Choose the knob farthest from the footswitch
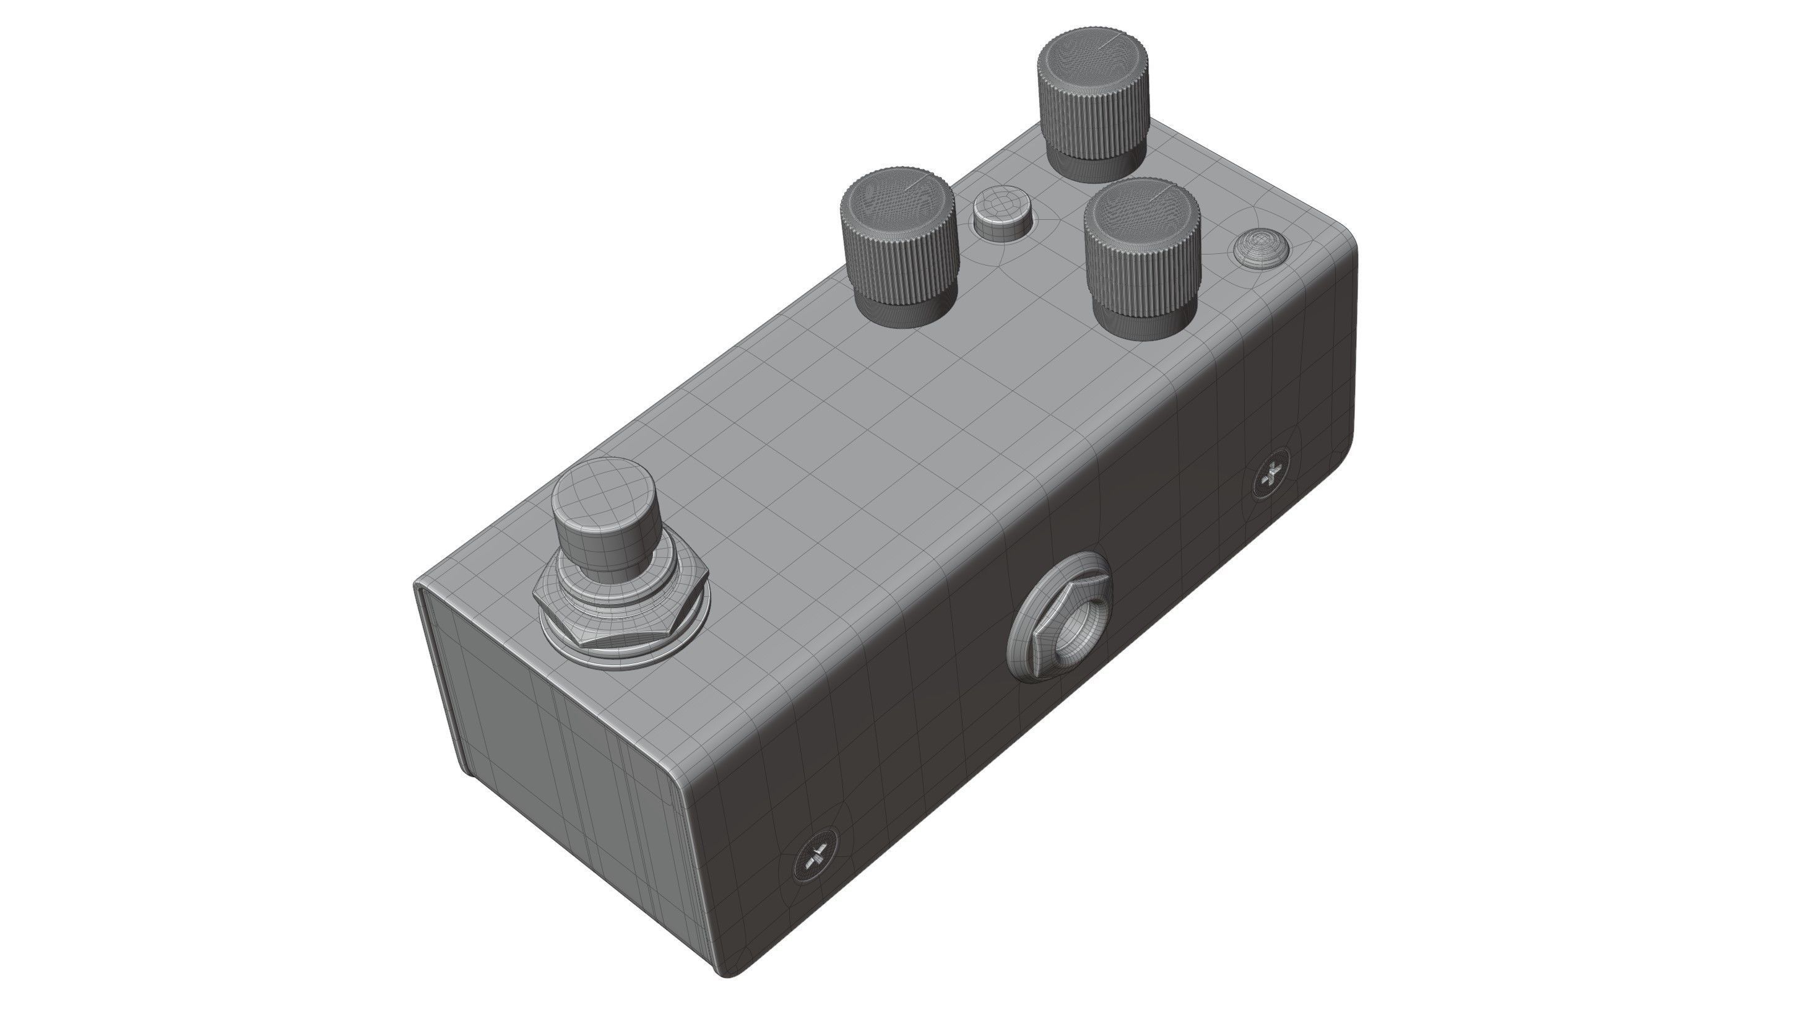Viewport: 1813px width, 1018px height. (1093, 92)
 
